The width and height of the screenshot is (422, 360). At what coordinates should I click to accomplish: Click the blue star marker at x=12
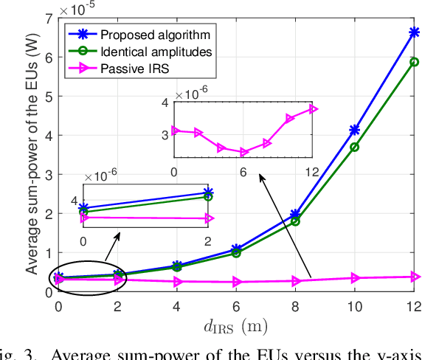pyautogui.click(x=414, y=32)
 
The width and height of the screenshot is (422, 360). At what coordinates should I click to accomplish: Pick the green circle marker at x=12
pyautogui.click(x=414, y=62)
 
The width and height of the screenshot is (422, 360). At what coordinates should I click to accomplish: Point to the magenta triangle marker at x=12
pyautogui.click(x=415, y=277)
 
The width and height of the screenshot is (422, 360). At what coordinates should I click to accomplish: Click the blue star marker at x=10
pyautogui.click(x=355, y=130)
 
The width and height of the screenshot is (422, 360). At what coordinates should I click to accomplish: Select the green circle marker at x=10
pyautogui.click(x=355, y=148)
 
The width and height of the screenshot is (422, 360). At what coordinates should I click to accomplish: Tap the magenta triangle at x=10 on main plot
pyautogui.click(x=355, y=278)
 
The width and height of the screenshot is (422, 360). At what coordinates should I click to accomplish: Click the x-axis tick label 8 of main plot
pyautogui.click(x=295, y=305)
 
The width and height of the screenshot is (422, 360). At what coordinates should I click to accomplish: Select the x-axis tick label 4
pyautogui.click(x=177, y=305)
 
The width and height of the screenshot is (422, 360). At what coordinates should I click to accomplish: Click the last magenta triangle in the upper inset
pyautogui.click(x=313, y=109)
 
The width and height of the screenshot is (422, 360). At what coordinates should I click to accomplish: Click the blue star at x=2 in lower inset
pyautogui.click(x=208, y=194)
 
